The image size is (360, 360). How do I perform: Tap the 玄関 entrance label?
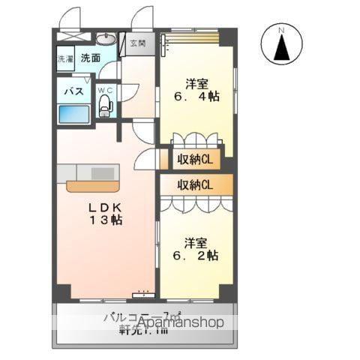[x=138, y=43]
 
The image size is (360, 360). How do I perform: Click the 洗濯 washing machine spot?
[x=65, y=58]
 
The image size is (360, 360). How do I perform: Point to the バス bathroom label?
[x=72, y=91]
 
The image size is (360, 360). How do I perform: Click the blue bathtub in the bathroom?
[x=73, y=114]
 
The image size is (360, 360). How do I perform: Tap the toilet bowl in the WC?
[x=105, y=106]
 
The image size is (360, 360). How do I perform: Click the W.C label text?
[x=106, y=91]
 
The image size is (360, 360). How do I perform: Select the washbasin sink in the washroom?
[x=105, y=38]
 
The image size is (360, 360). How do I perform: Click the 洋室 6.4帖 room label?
[x=196, y=88]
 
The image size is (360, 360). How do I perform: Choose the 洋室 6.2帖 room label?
[x=197, y=249]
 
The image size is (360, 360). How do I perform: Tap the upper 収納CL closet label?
[x=195, y=159]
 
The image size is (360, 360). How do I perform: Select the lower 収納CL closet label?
[x=195, y=184]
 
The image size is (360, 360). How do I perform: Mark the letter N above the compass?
[x=282, y=29]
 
